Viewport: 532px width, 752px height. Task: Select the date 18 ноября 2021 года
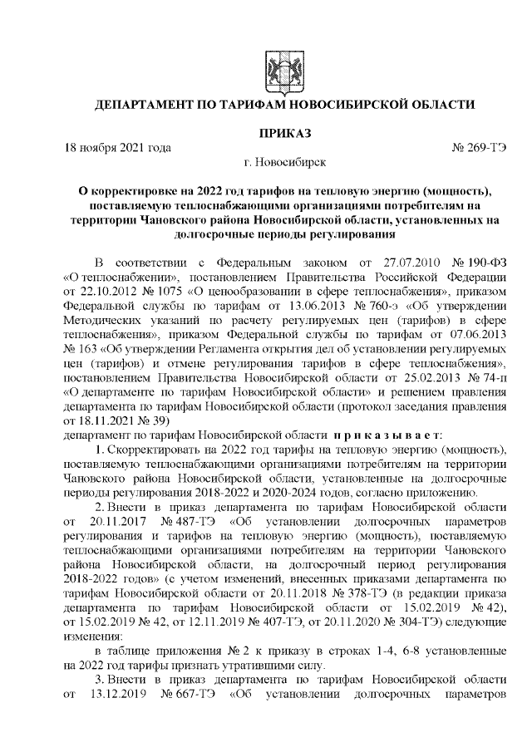point(117,148)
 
